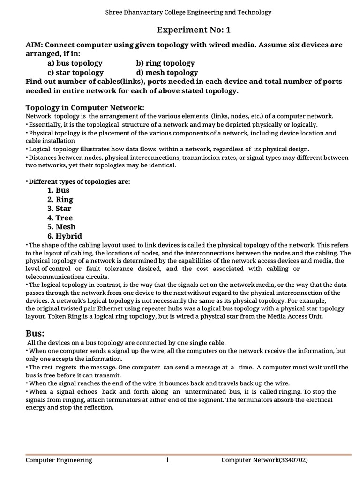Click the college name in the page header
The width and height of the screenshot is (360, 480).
(x=187, y=12)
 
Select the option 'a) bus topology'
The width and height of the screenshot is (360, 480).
(x=75, y=63)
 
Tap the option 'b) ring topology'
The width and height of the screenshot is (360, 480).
(x=158, y=63)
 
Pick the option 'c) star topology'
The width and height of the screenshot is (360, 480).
(x=75, y=72)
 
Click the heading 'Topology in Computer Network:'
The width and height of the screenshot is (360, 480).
(x=84, y=108)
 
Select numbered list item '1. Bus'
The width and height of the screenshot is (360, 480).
(x=58, y=190)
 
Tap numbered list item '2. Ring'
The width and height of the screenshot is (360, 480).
(x=60, y=199)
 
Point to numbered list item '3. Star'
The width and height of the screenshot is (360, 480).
(x=60, y=208)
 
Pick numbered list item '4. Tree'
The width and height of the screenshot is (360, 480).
(x=60, y=217)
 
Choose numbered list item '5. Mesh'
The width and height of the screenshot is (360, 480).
(x=61, y=227)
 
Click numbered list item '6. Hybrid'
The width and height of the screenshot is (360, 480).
(x=64, y=236)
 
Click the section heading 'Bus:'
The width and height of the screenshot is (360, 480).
(x=35, y=333)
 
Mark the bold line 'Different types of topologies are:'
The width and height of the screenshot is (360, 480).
(x=79, y=181)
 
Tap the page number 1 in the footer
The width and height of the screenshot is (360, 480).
(x=167, y=460)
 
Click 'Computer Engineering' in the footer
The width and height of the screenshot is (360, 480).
(x=59, y=460)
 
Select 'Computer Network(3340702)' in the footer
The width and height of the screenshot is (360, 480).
(x=264, y=460)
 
